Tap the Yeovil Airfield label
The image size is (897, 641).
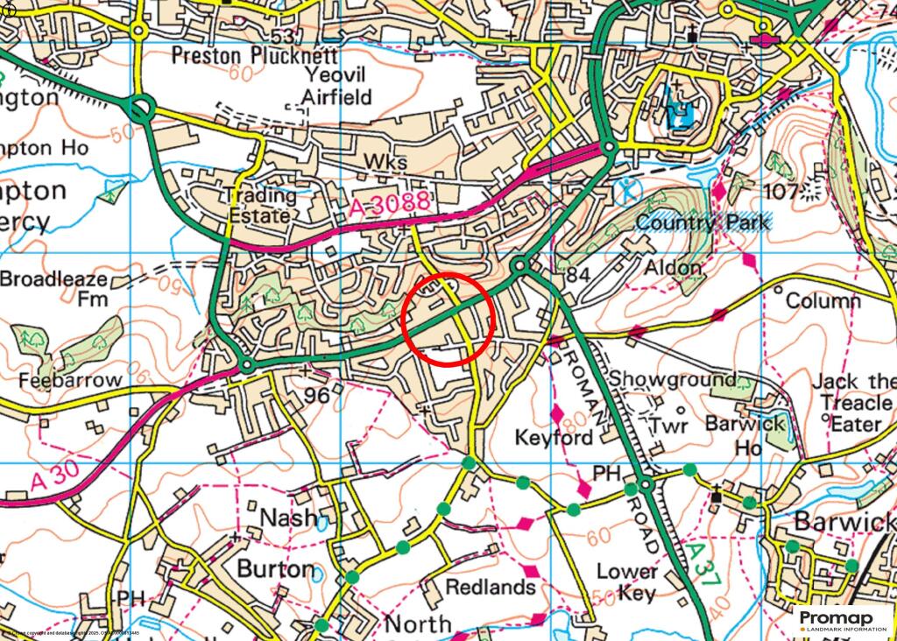336,86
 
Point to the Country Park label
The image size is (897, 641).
703,222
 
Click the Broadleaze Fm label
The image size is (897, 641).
54,289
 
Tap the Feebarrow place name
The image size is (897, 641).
70,381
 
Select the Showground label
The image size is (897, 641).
673,379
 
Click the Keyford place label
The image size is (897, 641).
554,436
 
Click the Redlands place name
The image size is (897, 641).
490,586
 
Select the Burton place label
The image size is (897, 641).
276,568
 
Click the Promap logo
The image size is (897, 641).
842,620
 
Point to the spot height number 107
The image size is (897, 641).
781,191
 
